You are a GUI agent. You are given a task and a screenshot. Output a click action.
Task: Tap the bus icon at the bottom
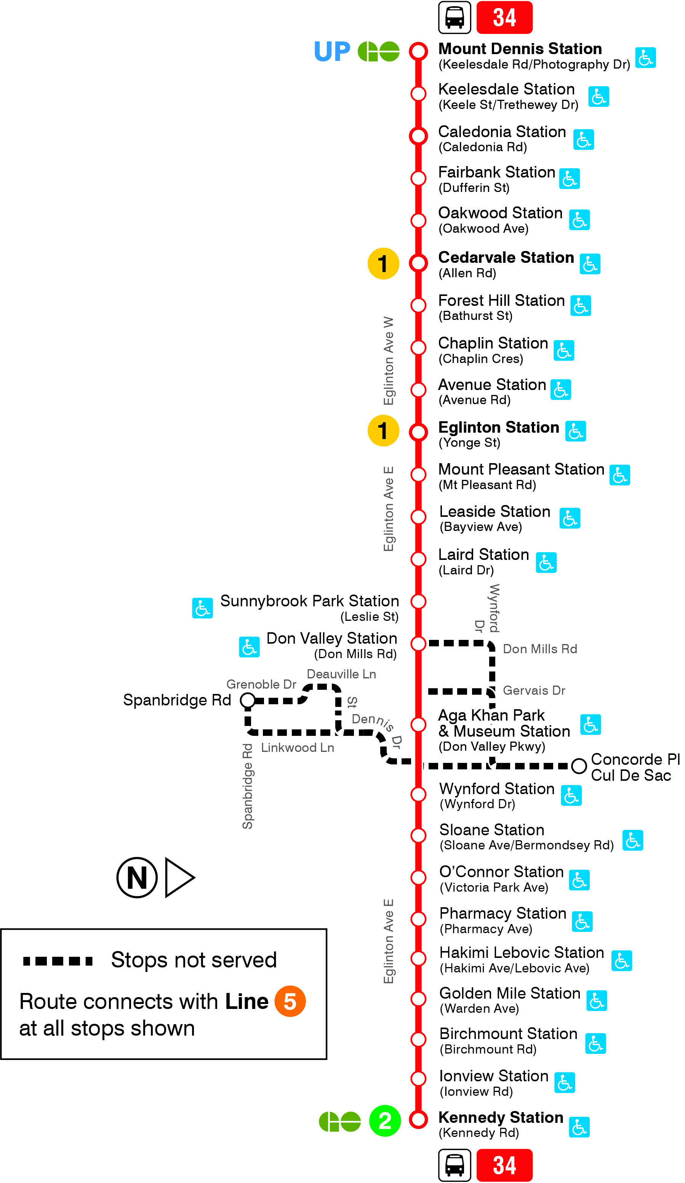click(x=454, y=1165)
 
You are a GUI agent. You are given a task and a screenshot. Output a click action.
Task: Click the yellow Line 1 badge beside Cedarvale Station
click(x=383, y=263)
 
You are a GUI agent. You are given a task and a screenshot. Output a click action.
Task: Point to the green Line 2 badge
click(x=384, y=1121)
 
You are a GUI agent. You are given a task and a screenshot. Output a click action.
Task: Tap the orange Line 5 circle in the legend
click(x=290, y=1001)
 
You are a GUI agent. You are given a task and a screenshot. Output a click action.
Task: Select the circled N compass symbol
click(x=137, y=877)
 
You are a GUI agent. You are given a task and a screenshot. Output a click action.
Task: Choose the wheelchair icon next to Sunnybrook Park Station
click(x=202, y=608)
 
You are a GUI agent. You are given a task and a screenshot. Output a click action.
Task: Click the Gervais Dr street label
click(x=533, y=690)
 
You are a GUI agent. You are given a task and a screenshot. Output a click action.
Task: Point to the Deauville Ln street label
click(x=341, y=674)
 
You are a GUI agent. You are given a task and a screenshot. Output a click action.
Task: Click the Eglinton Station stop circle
click(x=418, y=432)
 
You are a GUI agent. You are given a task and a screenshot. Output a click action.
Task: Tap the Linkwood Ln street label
click(x=297, y=747)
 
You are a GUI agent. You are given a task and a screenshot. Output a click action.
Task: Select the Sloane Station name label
click(x=491, y=830)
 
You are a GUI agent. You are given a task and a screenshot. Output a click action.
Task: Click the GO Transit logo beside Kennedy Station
click(x=339, y=1122)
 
